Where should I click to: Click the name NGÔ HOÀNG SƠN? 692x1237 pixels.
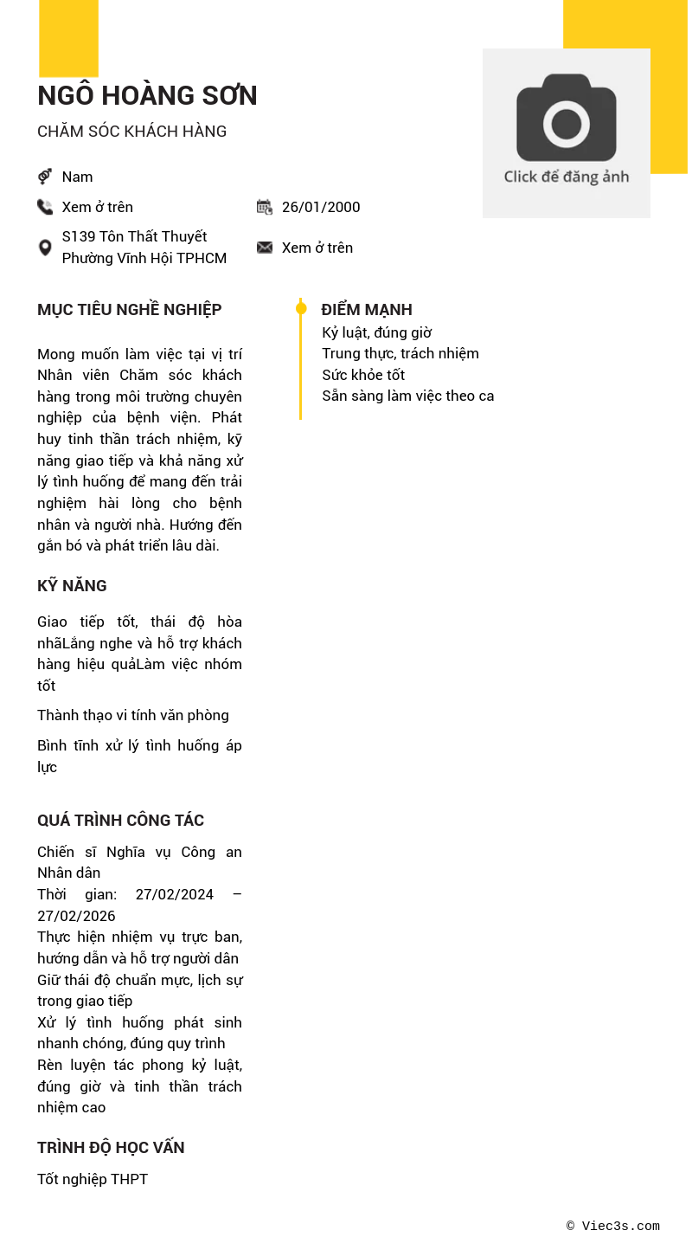coord(147,96)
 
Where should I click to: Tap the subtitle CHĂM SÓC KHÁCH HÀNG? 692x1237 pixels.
coord(131,132)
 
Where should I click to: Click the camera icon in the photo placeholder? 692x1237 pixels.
coord(567,118)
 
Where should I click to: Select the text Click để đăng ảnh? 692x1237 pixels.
coord(567,177)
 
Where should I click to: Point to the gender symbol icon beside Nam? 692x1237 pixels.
coord(45,177)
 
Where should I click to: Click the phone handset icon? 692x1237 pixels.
coord(45,207)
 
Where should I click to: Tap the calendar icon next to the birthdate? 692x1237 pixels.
coord(265,207)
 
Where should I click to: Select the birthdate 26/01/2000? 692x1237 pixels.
coord(321,207)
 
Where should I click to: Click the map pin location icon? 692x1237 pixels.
coord(45,248)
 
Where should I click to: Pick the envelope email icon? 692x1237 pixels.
coord(265,248)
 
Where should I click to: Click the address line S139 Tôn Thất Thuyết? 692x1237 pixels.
coord(134,236)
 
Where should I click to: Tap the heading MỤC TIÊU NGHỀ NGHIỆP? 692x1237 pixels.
coord(129,310)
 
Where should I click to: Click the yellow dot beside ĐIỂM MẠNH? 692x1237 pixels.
coord(301,309)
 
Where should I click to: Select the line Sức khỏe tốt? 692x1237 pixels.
coord(363,375)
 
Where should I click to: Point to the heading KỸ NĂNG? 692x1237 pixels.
coord(72,586)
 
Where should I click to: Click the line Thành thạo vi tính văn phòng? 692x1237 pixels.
coord(133,715)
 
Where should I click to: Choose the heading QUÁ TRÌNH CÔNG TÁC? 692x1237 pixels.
coord(120,821)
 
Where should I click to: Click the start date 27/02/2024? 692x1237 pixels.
coord(174,894)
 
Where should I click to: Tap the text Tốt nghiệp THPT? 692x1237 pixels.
coord(93,1179)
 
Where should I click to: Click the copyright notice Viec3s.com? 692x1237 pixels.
coord(613,1226)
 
